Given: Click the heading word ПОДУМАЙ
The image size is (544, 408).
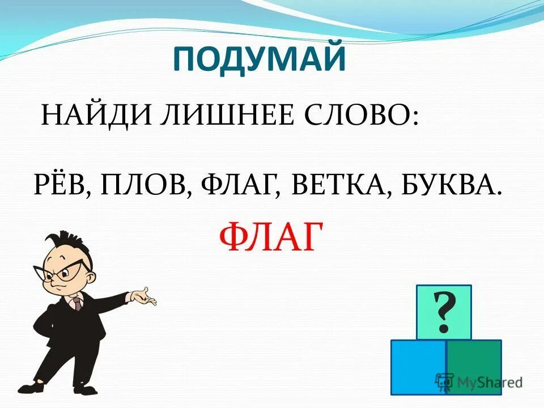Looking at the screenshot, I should point(259,58).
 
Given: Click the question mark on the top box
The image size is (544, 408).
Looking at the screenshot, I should point(444,313).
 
